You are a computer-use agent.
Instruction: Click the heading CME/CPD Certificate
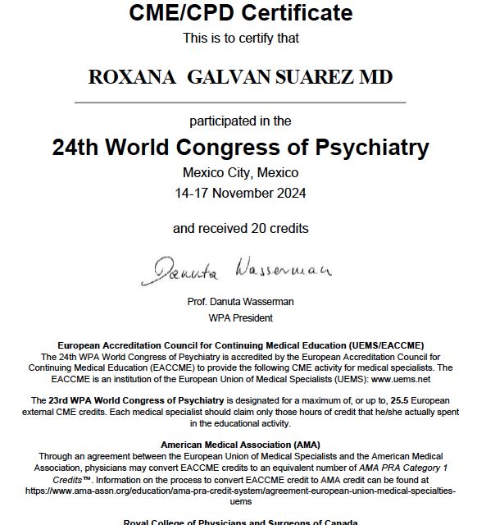240,13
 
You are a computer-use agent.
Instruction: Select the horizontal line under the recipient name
240,103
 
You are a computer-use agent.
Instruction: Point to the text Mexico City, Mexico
240,173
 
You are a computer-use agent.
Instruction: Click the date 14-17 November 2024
240,194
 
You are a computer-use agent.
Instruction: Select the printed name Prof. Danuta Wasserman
240,302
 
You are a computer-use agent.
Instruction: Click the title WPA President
240,317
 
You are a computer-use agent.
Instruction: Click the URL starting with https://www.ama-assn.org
240,490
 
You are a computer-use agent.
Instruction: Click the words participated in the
240,121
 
